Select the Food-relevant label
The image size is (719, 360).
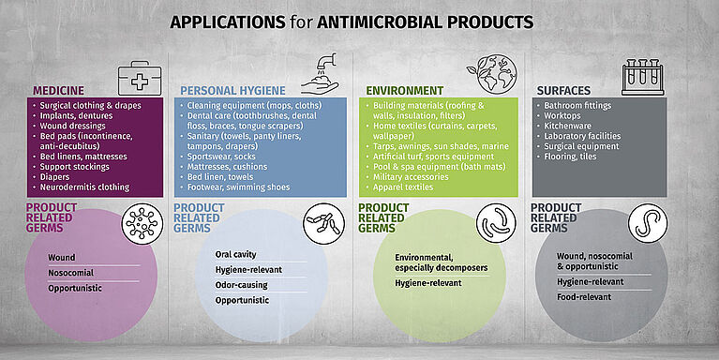(584, 296)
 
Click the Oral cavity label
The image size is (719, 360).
(237, 253)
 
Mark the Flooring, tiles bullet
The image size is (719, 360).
(570, 157)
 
